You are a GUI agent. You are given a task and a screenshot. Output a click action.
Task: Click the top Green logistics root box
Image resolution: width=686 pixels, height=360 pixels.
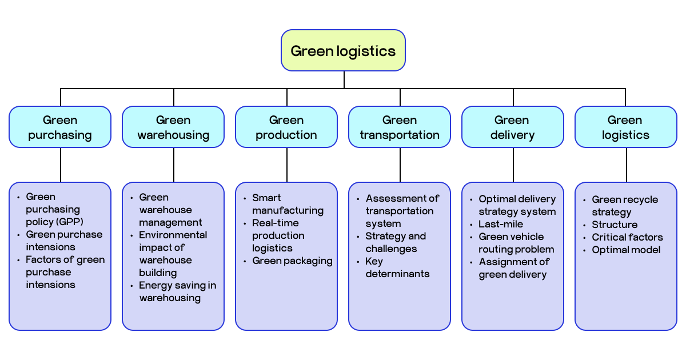click(343, 51)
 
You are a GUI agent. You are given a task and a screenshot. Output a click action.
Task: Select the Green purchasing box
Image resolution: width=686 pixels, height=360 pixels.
click(60, 127)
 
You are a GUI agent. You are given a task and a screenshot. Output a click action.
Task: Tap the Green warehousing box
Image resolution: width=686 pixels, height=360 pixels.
click(173, 127)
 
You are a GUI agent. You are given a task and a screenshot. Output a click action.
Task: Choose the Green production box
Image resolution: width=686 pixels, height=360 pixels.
click(286, 127)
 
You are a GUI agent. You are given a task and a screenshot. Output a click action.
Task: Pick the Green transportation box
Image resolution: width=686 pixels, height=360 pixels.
click(400, 127)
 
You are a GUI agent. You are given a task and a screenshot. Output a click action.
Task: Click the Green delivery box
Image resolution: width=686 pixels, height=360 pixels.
click(513, 127)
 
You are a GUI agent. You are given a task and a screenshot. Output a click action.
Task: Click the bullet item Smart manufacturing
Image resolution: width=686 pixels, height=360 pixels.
click(288, 204)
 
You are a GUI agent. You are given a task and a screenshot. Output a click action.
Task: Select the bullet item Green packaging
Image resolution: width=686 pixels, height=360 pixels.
click(292, 261)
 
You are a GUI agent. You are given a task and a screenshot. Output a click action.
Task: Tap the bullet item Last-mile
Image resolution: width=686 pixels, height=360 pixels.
click(501, 224)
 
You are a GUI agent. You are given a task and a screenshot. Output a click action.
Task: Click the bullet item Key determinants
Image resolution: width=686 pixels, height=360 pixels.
click(397, 267)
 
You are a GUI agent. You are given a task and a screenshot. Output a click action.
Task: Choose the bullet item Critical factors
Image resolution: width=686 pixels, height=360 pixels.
click(627, 237)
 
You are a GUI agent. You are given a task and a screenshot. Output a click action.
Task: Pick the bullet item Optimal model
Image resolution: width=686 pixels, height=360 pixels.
click(626, 250)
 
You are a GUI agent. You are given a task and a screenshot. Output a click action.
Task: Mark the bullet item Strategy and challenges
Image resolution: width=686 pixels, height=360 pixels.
click(396, 242)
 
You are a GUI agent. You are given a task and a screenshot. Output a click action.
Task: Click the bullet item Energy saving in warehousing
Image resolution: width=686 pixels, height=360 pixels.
click(177, 291)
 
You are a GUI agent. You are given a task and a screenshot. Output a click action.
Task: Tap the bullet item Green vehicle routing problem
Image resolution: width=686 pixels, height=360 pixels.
click(516, 243)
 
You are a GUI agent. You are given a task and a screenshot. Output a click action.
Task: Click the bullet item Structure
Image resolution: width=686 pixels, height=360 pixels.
click(615, 225)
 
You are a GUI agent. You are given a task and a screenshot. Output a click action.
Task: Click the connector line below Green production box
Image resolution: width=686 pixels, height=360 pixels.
click(287, 165)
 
